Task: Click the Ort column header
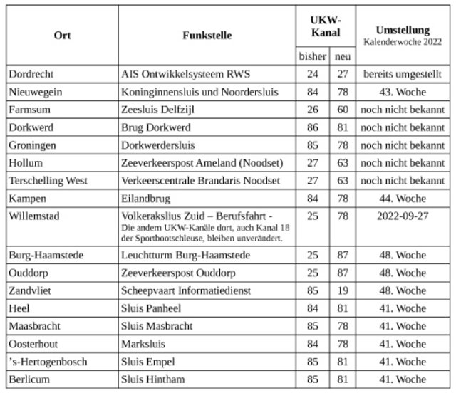[x=63, y=35]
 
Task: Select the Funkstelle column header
[x=207, y=35]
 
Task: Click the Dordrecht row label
[x=33, y=73]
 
